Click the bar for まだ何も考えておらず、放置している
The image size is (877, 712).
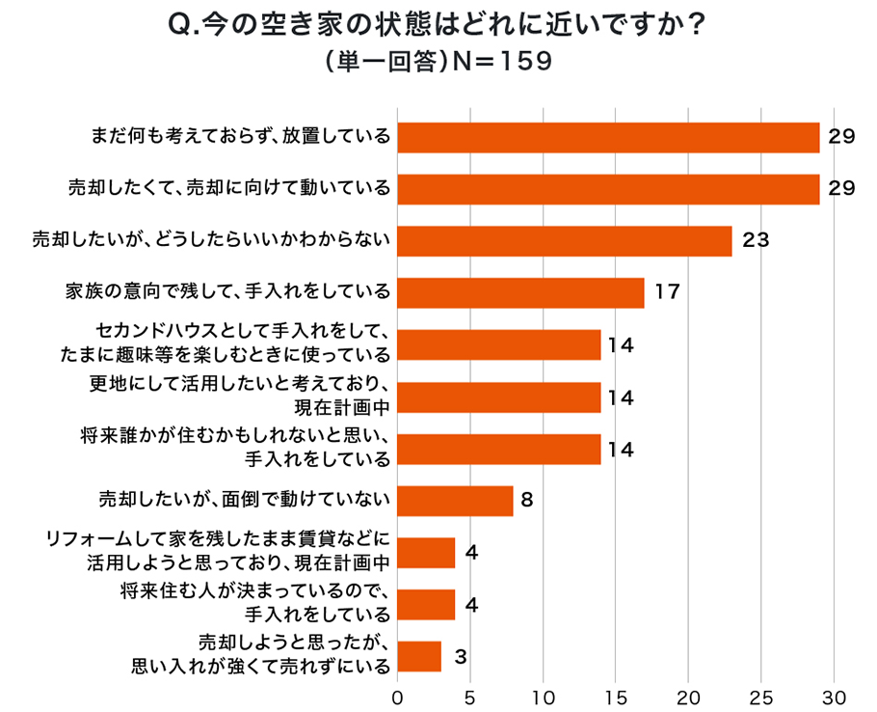coord(608,137)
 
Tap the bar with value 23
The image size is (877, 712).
coord(565,240)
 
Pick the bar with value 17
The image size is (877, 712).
coord(520,292)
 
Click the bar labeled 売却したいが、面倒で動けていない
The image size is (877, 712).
coord(455,501)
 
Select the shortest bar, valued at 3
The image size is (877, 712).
coord(419,657)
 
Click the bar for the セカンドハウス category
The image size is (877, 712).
coord(499,344)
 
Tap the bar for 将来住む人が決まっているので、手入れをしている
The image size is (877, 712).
coord(426,605)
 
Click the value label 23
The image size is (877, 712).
coord(756,240)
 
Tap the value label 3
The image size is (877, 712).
coord(460,657)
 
